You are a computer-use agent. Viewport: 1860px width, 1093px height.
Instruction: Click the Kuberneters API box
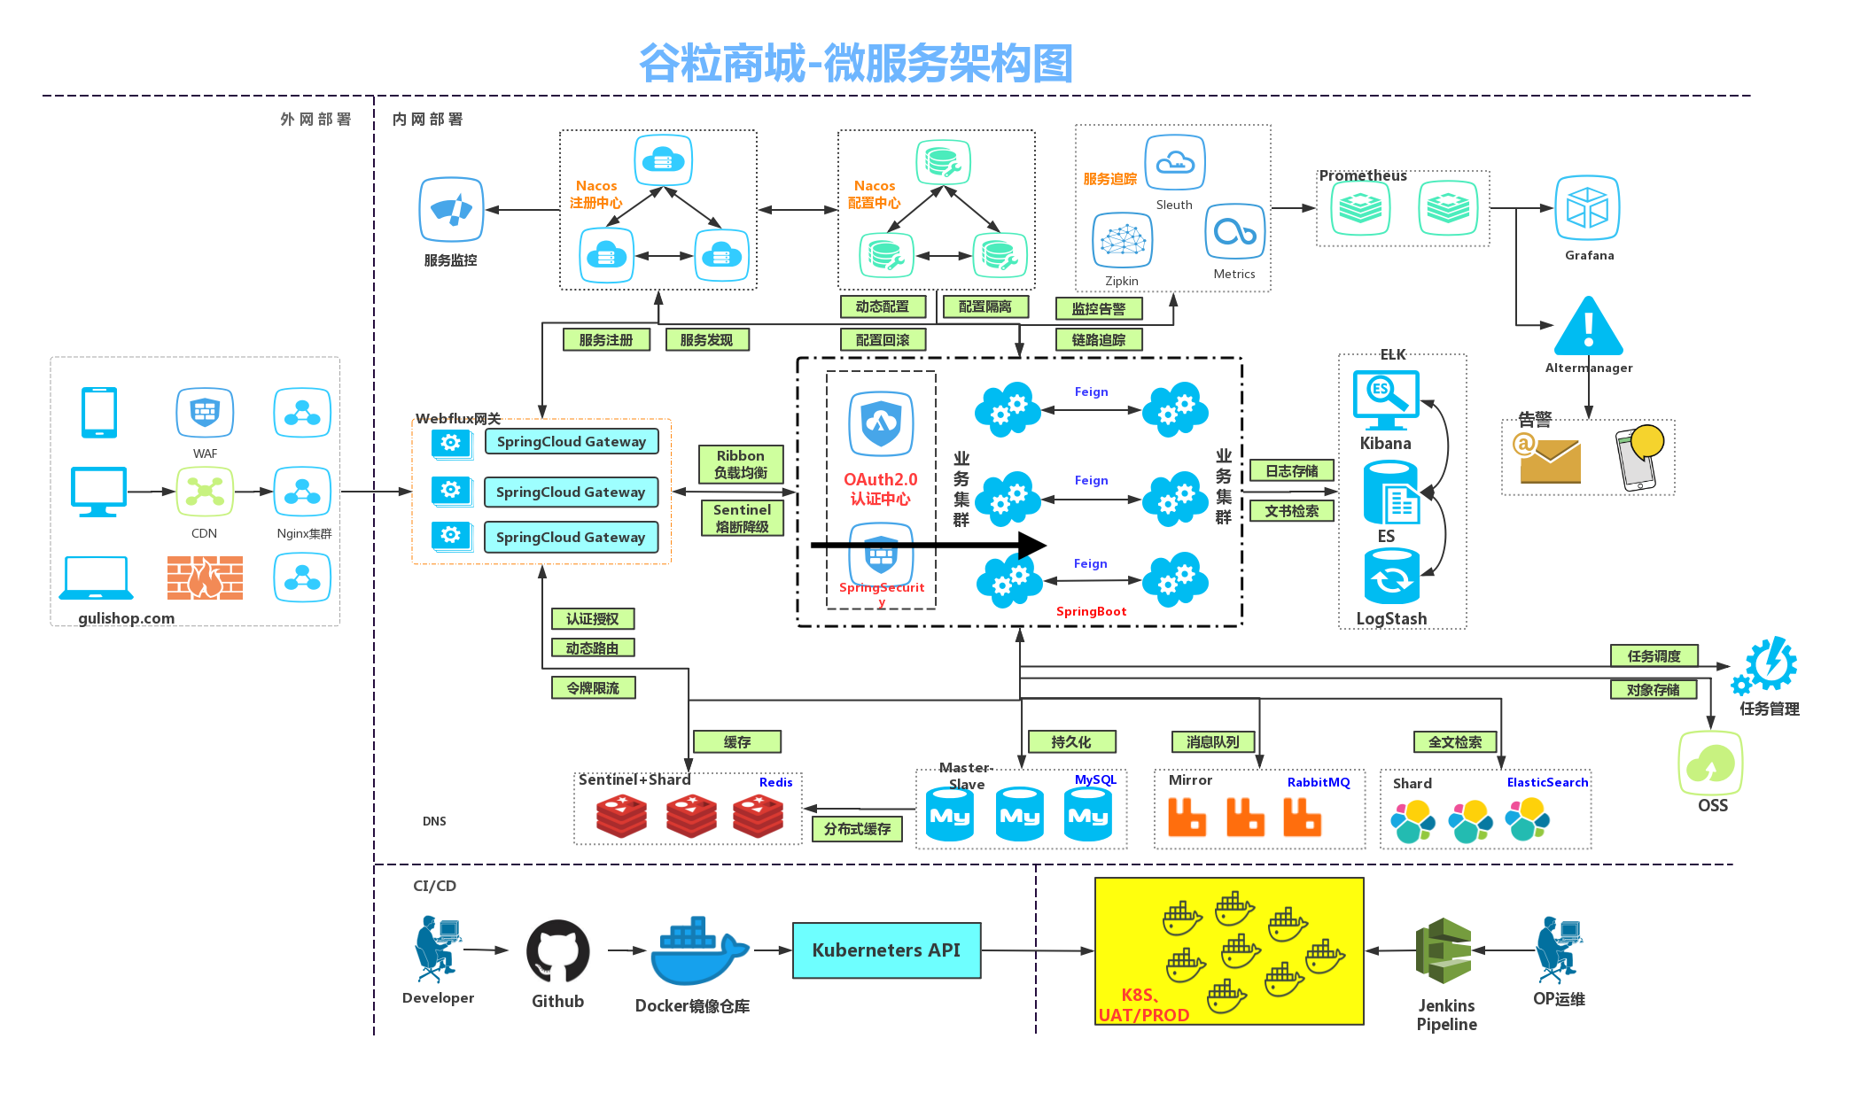click(x=886, y=950)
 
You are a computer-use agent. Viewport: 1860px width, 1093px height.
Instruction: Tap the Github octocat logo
click(x=557, y=951)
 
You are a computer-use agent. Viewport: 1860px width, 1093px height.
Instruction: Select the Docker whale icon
click(x=698, y=952)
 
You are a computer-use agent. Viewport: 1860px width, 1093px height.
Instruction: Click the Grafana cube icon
click(x=1587, y=208)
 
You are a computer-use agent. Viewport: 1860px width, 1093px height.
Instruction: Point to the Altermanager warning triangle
click(x=1589, y=327)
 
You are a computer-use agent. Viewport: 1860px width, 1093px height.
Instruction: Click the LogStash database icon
click(x=1391, y=576)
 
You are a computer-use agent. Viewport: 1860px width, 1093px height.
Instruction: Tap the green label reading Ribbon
click(x=741, y=464)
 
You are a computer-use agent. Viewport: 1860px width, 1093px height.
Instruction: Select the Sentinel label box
click(x=742, y=518)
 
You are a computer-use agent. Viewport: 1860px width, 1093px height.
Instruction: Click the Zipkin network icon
click(x=1123, y=240)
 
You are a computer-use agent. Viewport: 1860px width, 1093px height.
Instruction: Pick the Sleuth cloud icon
click(x=1175, y=162)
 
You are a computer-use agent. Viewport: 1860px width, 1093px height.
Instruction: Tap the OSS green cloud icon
click(x=1710, y=763)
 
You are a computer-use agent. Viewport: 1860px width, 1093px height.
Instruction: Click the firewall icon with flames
click(x=205, y=578)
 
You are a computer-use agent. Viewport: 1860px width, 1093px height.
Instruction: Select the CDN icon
click(x=205, y=492)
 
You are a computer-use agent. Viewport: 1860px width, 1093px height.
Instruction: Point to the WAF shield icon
click(x=205, y=412)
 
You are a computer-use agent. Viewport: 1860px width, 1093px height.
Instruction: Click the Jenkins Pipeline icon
click(x=1444, y=951)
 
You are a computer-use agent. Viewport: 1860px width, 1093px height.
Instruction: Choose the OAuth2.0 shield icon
click(x=881, y=423)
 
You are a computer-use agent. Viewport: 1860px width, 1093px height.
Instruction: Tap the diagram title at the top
click(x=855, y=64)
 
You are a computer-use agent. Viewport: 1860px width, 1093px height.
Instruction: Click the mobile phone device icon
click(x=99, y=412)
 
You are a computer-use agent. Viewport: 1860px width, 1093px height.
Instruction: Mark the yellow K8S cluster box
click(x=1229, y=951)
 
